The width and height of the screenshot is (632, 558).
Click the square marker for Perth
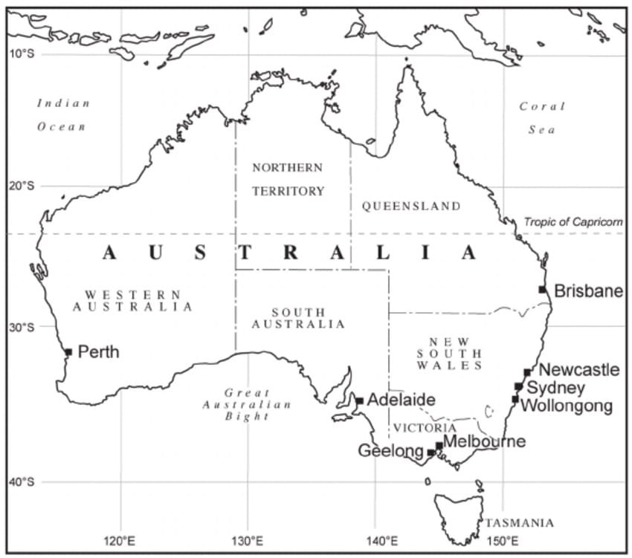click(x=68, y=351)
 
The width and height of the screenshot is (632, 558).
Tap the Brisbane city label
click(x=588, y=291)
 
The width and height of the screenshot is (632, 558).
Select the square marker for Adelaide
click(x=360, y=400)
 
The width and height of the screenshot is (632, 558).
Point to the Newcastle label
click(x=578, y=369)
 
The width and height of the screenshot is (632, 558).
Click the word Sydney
click(x=556, y=388)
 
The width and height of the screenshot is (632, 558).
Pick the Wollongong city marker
click(x=515, y=399)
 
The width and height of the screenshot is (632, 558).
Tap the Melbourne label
click(x=484, y=442)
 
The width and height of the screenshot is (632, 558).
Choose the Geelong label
click(x=390, y=450)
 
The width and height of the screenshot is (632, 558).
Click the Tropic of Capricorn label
click(x=573, y=222)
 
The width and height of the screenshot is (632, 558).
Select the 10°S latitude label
click(x=22, y=54)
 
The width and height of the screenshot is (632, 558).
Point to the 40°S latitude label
click(x=22, y=482)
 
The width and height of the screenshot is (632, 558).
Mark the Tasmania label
click(x=519, y=522)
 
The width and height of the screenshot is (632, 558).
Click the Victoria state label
click(x=425, y=428)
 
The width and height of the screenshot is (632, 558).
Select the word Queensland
click(x=411, y=206)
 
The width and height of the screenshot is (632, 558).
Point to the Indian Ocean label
click(x=63, y=114)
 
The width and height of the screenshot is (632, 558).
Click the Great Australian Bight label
click(x=247, y=404)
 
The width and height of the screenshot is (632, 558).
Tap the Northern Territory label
click(x=288, y=179)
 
